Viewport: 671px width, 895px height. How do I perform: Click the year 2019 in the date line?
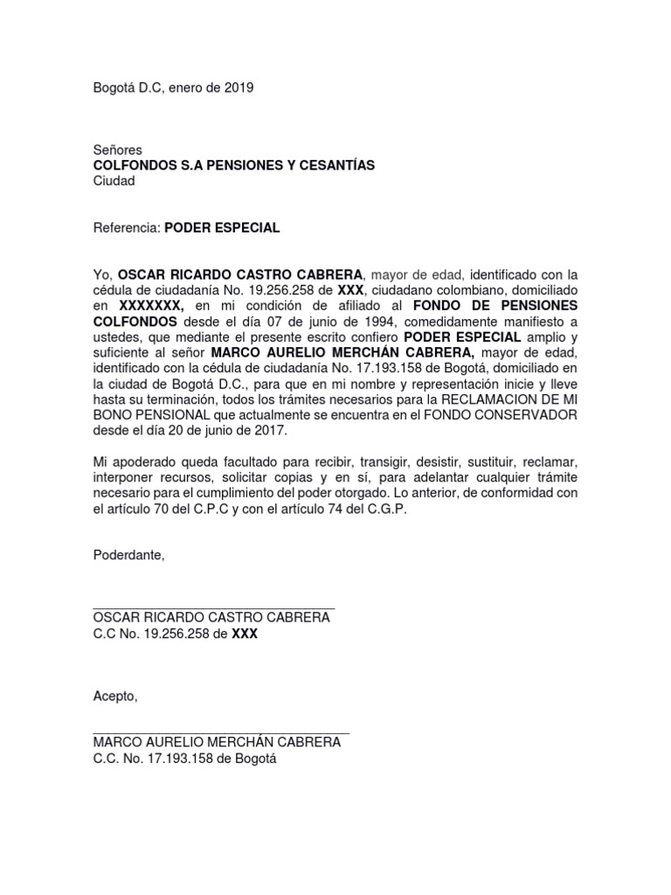tap(239, 88)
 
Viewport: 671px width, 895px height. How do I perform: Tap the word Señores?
tap(117, 150)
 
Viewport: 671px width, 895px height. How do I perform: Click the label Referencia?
tap(128, 228)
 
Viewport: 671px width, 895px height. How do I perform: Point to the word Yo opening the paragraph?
tap(102, 274)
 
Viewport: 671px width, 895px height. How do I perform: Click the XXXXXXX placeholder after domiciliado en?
tap(151, 306)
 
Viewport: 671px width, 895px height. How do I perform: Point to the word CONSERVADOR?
tap(527, 415)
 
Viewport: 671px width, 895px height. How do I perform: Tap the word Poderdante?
tap(128, 555)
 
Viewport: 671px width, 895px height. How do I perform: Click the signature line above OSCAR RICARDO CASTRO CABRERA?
tap(214, 604)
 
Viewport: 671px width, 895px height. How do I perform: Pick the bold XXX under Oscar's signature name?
tap(245, 634)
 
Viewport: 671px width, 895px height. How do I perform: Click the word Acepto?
tap(114, 696)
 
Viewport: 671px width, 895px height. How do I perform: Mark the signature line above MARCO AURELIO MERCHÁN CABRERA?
tap(221, 732)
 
